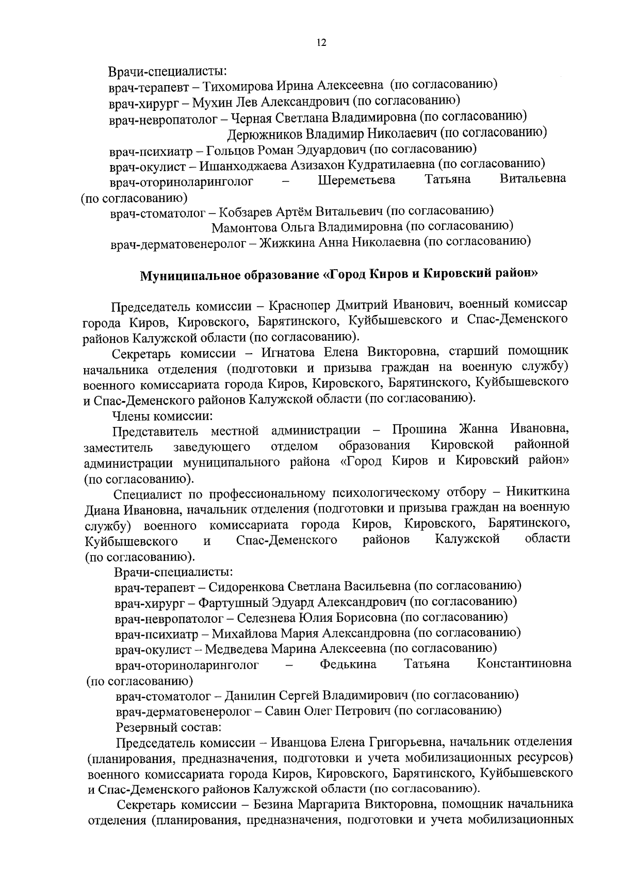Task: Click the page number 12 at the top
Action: point(321,43)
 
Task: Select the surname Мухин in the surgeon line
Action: point(210,102)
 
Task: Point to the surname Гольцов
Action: point(229,150)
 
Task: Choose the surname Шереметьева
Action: point(356,180)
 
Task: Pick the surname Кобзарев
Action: point(242,211)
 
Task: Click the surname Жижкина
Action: point(282,242)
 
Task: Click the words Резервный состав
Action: point(169,727)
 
